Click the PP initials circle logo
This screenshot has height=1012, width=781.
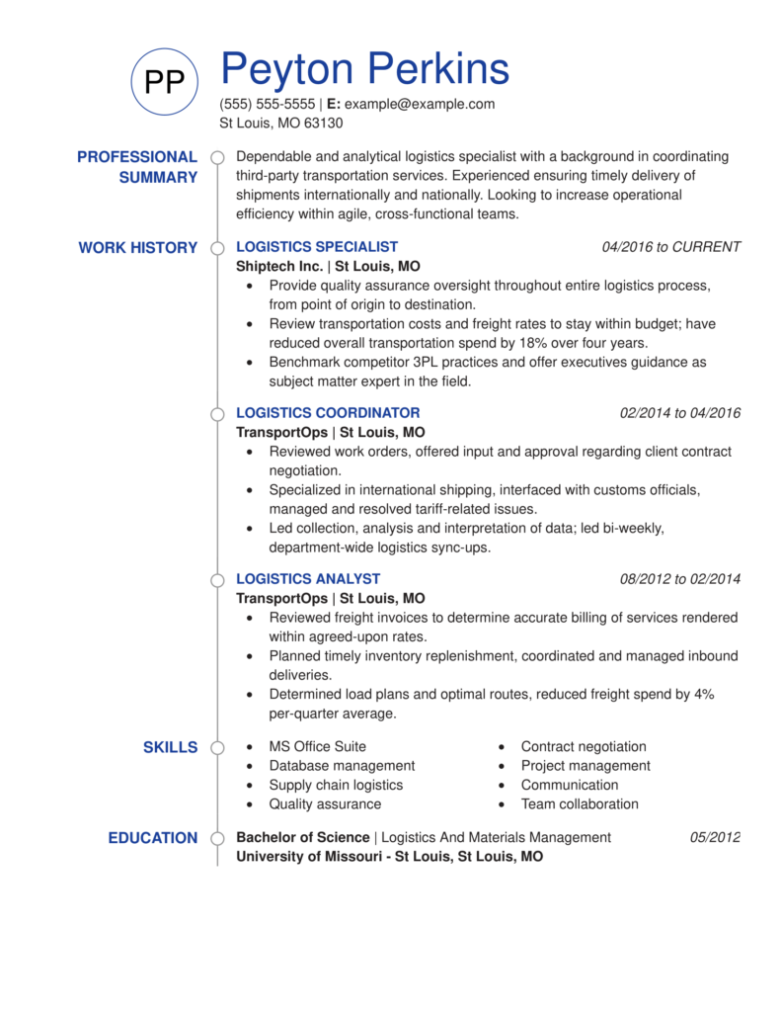[165, 82]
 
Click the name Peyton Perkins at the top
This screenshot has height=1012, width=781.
[364, 69]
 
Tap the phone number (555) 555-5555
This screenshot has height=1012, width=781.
[267, 104]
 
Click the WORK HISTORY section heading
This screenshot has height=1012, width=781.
[137, 248]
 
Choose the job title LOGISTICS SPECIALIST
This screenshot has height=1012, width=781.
[317, 247]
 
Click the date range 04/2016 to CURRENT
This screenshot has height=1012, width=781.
[670, 247]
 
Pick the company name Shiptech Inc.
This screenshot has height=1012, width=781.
[279, 267]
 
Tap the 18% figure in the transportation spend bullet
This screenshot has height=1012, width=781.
[524, 343]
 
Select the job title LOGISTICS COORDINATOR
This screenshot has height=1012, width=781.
[328, 413]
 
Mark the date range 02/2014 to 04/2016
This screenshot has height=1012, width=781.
[679, 413]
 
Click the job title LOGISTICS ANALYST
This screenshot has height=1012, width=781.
[308, 579]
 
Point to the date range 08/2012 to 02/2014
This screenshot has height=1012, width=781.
[679, 579]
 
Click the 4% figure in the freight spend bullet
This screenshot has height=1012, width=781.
[704, 695]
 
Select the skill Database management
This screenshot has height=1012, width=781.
[342, 766]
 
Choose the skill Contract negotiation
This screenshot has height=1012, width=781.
[584, 747]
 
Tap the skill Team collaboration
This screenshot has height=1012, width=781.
[580, 804]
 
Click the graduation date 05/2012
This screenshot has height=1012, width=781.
[715, 838]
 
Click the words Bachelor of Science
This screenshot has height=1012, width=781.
[302, 838]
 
